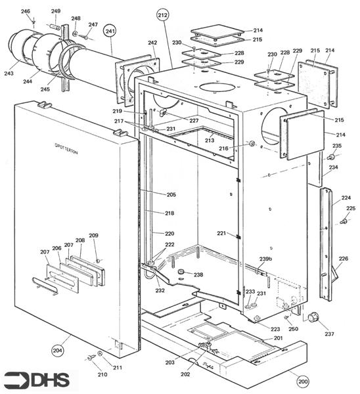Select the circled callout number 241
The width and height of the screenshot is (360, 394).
[x=110, y=31]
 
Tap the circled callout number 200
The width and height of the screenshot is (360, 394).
[x=303, y=380]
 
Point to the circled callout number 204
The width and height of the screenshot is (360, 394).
[x=58, y=351]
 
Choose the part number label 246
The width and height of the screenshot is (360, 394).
[x=25, y=12]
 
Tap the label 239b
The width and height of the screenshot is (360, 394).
[x=266, y=258]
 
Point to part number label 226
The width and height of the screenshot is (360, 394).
[x=343, y=259]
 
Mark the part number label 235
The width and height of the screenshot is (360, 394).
[x=337, y=145]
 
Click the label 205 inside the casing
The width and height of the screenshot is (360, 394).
[x=171, y=194]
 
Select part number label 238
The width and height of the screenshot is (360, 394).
[x=198, y=274]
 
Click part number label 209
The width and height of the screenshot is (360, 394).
[x=93, y=235]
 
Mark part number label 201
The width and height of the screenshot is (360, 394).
[x=279, y=338]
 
